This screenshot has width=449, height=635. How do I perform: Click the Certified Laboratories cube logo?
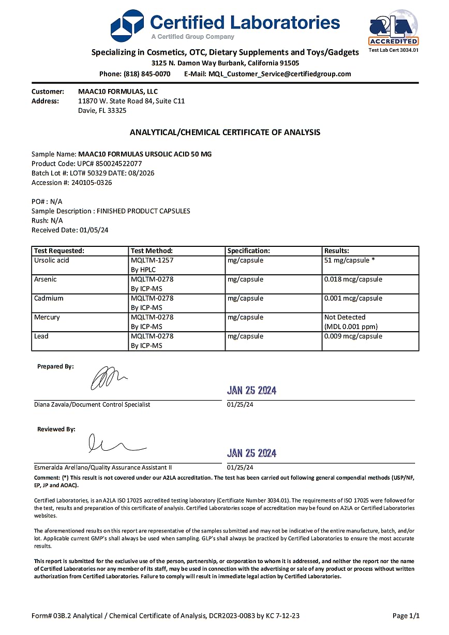(x=127, y=25)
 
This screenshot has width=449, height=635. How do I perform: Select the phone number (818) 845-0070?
(x=147, y=74)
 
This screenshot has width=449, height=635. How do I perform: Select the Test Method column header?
(x=152, y=251)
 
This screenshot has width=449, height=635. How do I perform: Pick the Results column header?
(x=337, y=251)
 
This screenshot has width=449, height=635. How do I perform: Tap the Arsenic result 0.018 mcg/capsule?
(x=353, y=279)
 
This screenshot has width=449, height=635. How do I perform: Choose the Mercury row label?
(x=47, y=317)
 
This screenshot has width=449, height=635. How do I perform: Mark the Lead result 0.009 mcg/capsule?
(x=353, y=336)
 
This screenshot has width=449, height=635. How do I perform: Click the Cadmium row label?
(x=48, y=299)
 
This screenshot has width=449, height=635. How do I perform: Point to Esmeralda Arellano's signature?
(x=116, y=444)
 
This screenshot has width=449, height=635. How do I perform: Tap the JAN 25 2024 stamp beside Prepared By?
(x=252, y=391)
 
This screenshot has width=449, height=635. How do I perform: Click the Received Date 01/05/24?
(x=94, y=230)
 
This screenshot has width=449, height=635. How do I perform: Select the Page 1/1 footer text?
(x=406, y=616)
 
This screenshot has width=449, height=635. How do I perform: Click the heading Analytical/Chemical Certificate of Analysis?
(x=224, y=132)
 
